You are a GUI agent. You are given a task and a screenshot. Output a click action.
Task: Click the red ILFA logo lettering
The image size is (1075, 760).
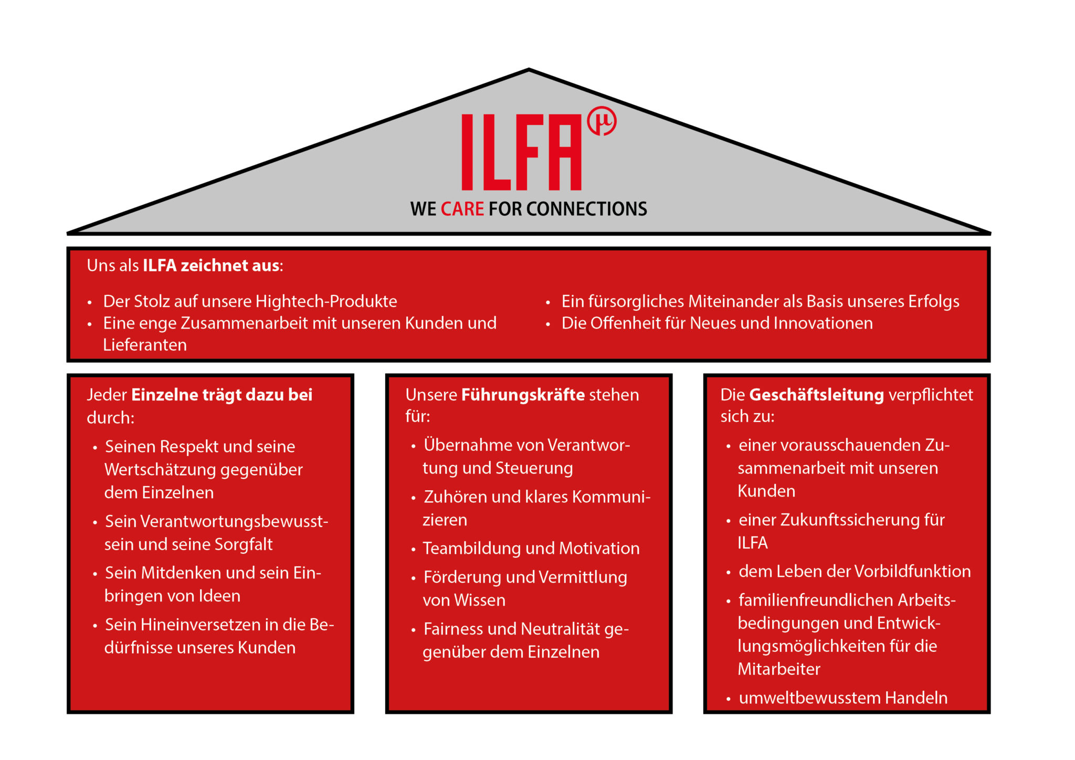[x=521, y=152]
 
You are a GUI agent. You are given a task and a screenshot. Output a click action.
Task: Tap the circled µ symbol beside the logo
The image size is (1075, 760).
[x=602, y=122]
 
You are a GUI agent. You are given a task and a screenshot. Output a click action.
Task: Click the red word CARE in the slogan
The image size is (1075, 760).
[x=462, y=209]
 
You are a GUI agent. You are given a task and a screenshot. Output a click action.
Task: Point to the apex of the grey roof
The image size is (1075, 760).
[x=529, y=70]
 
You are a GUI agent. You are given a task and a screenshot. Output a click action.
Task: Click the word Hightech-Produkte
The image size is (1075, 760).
[x=326, y=301]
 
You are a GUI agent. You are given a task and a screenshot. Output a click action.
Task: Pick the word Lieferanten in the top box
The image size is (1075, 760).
[x=145, y=345]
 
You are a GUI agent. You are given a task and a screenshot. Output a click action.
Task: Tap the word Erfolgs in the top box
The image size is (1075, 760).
[x=934, y=302]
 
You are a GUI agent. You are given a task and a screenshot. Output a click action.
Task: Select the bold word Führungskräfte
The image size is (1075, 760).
[x=523, y=395]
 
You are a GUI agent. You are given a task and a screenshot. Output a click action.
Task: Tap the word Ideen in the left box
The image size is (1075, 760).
[x=217, y=596]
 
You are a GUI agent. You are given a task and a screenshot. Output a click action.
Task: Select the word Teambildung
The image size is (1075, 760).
[x=472, y=548]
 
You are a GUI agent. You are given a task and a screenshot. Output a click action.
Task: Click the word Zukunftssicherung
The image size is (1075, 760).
[x=849, y=520]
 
